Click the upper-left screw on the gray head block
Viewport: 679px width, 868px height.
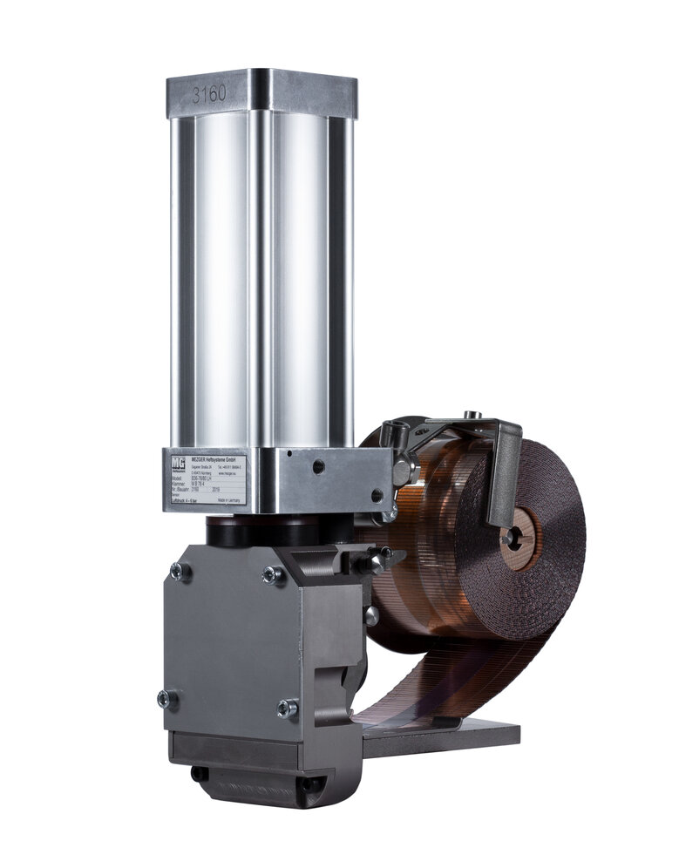180,572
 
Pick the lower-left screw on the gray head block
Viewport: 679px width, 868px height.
167,699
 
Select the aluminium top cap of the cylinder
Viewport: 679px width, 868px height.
261,92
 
